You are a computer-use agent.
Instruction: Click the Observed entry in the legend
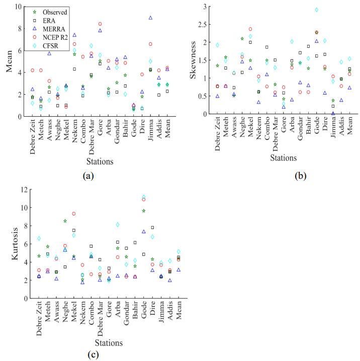49,11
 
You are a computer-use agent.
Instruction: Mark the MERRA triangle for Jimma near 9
150,18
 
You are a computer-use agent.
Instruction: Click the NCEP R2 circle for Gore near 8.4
100,24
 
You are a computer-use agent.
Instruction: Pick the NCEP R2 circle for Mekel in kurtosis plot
74,213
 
